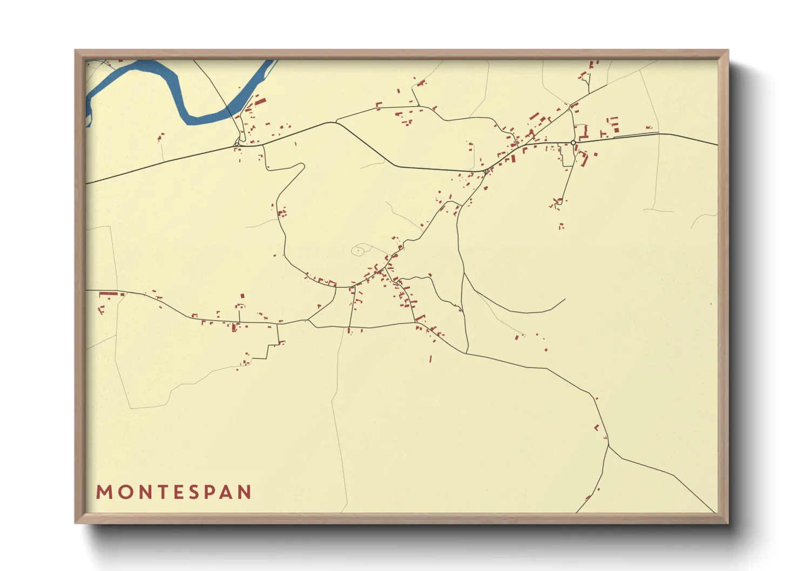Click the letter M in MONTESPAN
(x=104, y=492)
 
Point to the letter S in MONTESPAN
(x=193, y=492)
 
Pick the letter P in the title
(x=209, y=492)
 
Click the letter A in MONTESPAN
(x=227, y=492)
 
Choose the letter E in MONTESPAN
(x=176, y=492)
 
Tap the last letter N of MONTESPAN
(x=245, y=492)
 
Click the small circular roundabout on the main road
(x=573, y=142)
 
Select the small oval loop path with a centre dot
(x=358, y=250)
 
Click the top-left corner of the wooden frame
(x=76, y=51)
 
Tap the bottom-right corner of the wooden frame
(x=728, y=522)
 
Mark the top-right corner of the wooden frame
(x=728, y=51)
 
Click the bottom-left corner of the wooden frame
(x=76, y=522)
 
